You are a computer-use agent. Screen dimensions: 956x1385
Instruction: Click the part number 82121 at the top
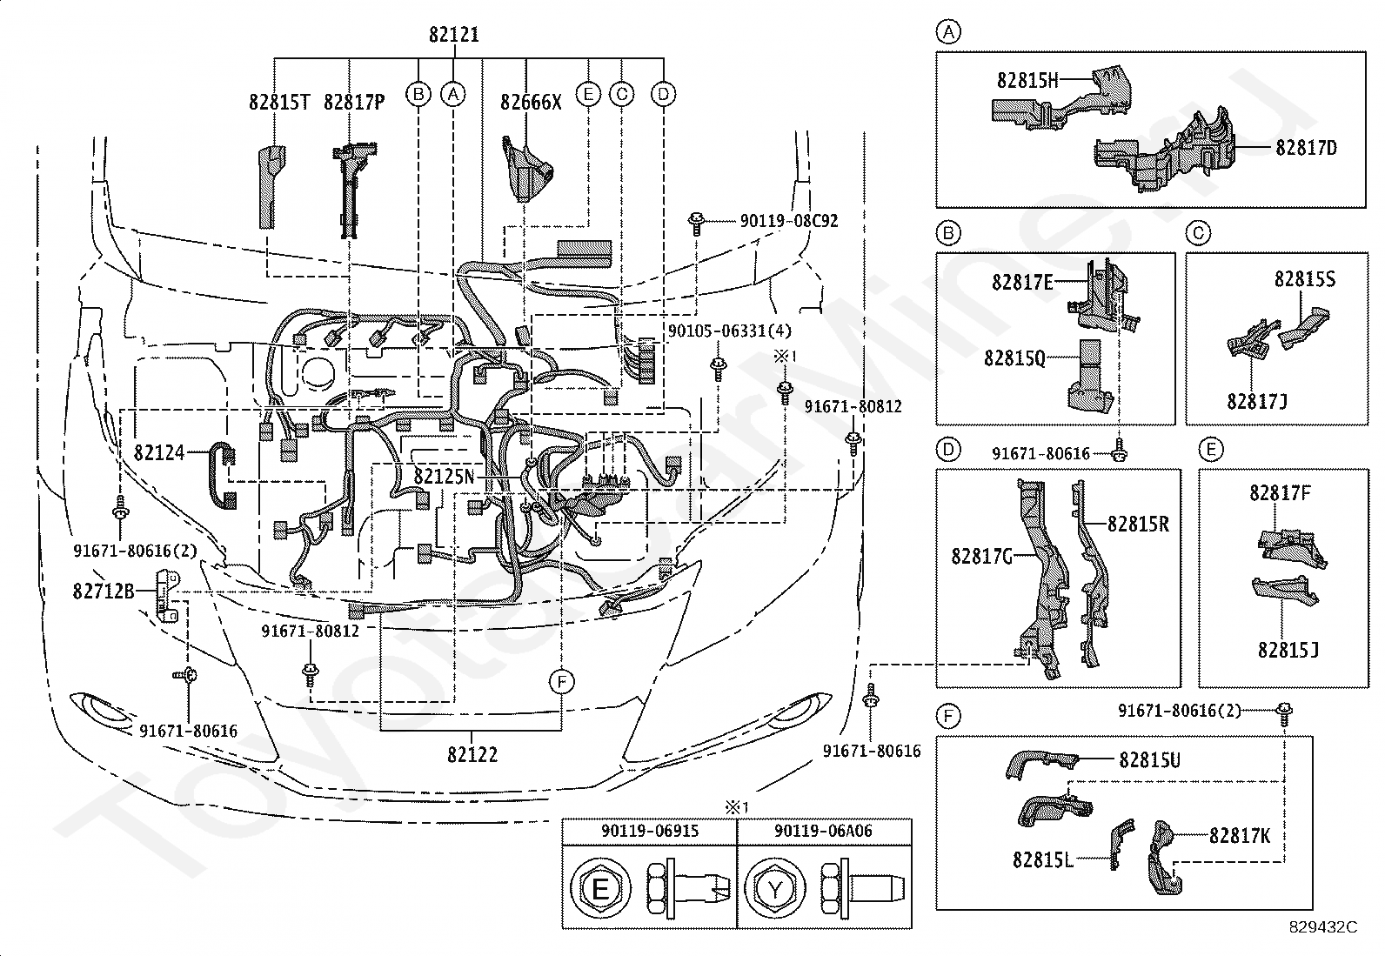pyautogui.click(x=453, y=36)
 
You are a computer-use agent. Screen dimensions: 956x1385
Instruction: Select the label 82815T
pyautogui.click(x=279, y=103)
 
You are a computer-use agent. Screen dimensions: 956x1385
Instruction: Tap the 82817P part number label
pyautogui.click(x=353, y=103)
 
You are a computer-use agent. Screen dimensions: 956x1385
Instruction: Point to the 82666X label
pyautogui.click(x=531, y=103)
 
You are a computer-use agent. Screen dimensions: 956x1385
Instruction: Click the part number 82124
pyautogui.click(x=159, y=452)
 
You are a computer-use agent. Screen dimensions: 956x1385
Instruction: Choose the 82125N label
pyautogui.click(x=445, y=477)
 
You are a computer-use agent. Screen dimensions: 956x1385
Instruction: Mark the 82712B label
pyautogui.click(x=104, y=591)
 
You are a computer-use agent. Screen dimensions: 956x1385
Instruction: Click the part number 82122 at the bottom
pyautogui.click(x=472, y=754)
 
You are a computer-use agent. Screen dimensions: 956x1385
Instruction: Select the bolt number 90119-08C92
pyautogui.click(x=789, y=221)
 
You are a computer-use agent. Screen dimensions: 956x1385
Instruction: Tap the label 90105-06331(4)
pyautogui.click(x=730, y=331)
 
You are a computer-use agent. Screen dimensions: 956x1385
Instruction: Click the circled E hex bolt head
pyautogui.click(x=599, y=890)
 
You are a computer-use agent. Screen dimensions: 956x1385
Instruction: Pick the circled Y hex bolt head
pyautogui.click(x=774, y=890)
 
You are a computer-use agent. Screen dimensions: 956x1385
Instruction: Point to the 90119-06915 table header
pyautogui.click(x=649, y=831)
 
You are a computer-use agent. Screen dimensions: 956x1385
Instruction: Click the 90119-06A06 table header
pyautogui.click(x=823, y=831)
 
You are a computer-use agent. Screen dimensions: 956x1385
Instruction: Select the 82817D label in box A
pyautogui.click(x=1306, y=148)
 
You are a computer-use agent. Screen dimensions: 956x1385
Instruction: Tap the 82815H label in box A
pyautogui.click(x=1027, y=80)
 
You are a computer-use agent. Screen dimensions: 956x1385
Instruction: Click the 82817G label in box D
pyautogui.click(x=981, y=556)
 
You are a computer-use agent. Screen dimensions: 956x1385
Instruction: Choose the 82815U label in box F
pyautogui.click(x=1149, y=760)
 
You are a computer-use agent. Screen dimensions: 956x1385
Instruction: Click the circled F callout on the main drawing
pyautogui.click(x=562, y=682)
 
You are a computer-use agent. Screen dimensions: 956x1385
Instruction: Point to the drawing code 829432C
pyautogui.click(x=1322, y=927)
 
